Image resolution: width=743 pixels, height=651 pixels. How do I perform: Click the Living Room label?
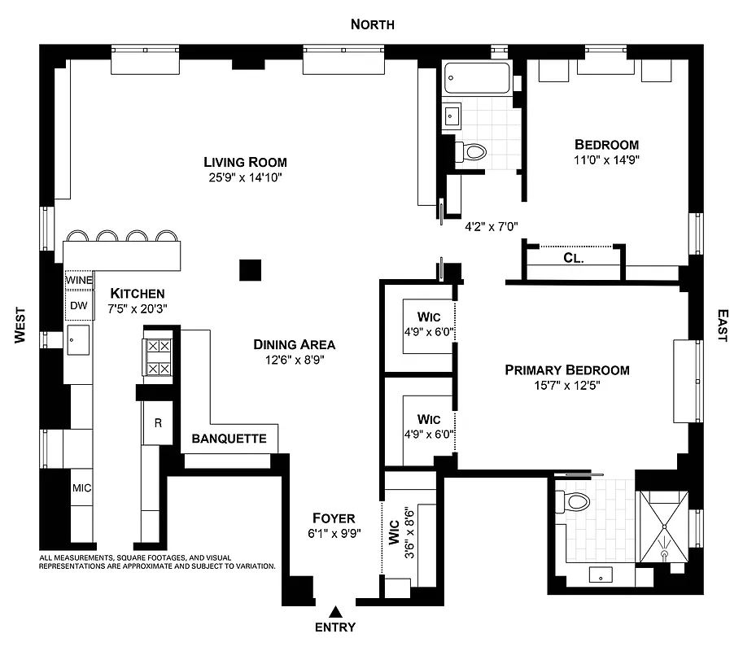(245, 162)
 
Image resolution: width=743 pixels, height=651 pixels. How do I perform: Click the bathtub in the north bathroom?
(478, 79)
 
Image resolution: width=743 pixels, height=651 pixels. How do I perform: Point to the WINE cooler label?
(80, 280)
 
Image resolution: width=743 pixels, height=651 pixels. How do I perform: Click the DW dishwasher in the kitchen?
(79, 306)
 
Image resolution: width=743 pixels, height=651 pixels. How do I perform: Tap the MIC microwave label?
(81, 488)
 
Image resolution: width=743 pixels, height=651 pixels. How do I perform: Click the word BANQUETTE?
(229, 439)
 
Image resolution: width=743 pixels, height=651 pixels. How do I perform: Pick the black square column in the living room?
(251, 270)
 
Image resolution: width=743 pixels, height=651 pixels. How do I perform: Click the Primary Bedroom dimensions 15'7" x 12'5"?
(567, 386)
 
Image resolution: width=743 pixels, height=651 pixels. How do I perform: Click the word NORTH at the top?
(372, 24)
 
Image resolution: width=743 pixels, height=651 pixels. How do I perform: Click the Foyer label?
(334, 518)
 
